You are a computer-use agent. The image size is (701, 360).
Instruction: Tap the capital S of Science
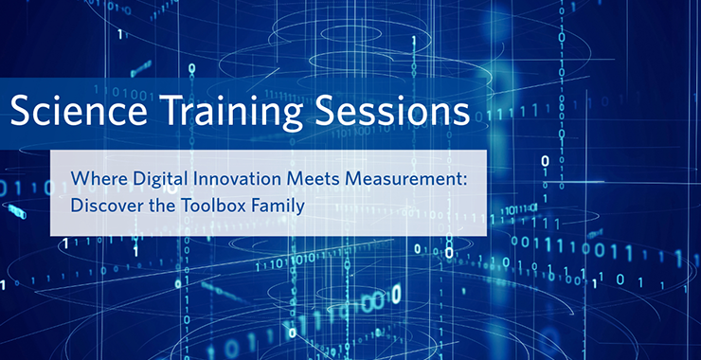pos(20,112)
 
